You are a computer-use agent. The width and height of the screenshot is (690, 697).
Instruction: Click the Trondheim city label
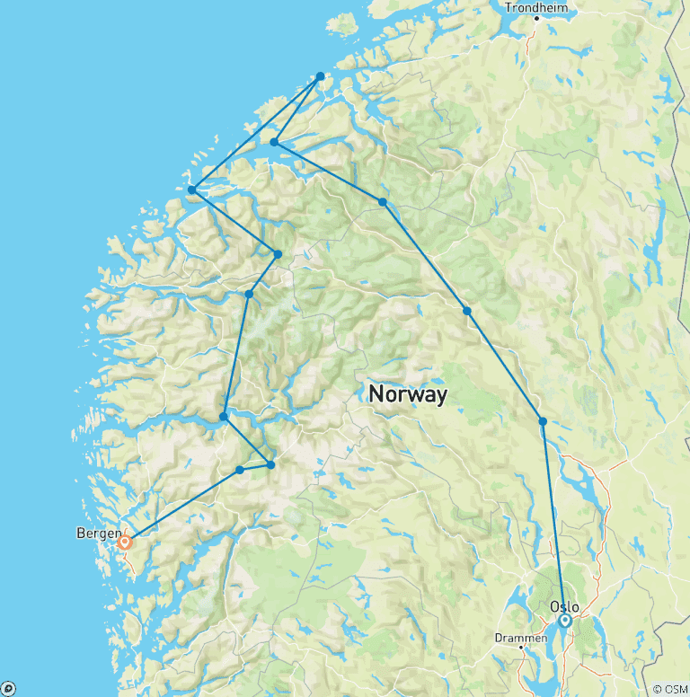tap(537, 7)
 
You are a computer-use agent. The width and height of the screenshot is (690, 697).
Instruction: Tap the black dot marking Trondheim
tap(536, 18)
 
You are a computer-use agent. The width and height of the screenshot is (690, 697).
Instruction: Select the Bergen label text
tap(98, 534)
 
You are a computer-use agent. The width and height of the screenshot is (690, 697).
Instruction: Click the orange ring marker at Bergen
tap(125, 542)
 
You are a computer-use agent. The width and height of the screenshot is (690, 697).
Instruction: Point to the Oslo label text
tap(564, 606)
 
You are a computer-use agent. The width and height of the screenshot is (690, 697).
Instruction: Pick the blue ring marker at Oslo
tap(565, 621)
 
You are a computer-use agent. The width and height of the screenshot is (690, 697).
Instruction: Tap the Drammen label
tap(521, 638)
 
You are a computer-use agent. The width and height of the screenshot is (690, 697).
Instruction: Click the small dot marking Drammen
tap(521, 648)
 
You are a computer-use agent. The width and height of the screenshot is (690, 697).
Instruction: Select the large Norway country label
tap(408, 394)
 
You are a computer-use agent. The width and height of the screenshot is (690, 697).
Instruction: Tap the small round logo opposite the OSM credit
tap(8, 689)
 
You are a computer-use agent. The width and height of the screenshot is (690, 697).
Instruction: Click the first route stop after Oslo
tap(543, 421)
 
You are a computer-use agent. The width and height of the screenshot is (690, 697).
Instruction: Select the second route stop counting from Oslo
tap(467, 311)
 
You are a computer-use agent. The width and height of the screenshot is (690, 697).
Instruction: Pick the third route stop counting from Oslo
tap(383, 202)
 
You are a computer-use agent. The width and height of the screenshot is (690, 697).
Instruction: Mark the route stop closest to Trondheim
tap(320, 76)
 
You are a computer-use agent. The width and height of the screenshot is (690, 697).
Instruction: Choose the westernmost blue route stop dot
tap(191, 190)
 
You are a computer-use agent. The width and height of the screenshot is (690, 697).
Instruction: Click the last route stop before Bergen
tap(240, 470)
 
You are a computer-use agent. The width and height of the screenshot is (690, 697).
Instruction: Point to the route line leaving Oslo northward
tap(553, 521)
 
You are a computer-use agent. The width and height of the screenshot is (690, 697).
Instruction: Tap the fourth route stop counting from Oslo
tap(274, 142)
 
